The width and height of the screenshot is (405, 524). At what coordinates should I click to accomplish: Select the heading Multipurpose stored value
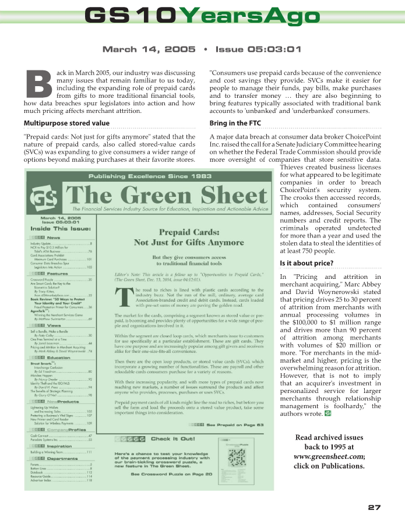click(66, 123)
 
